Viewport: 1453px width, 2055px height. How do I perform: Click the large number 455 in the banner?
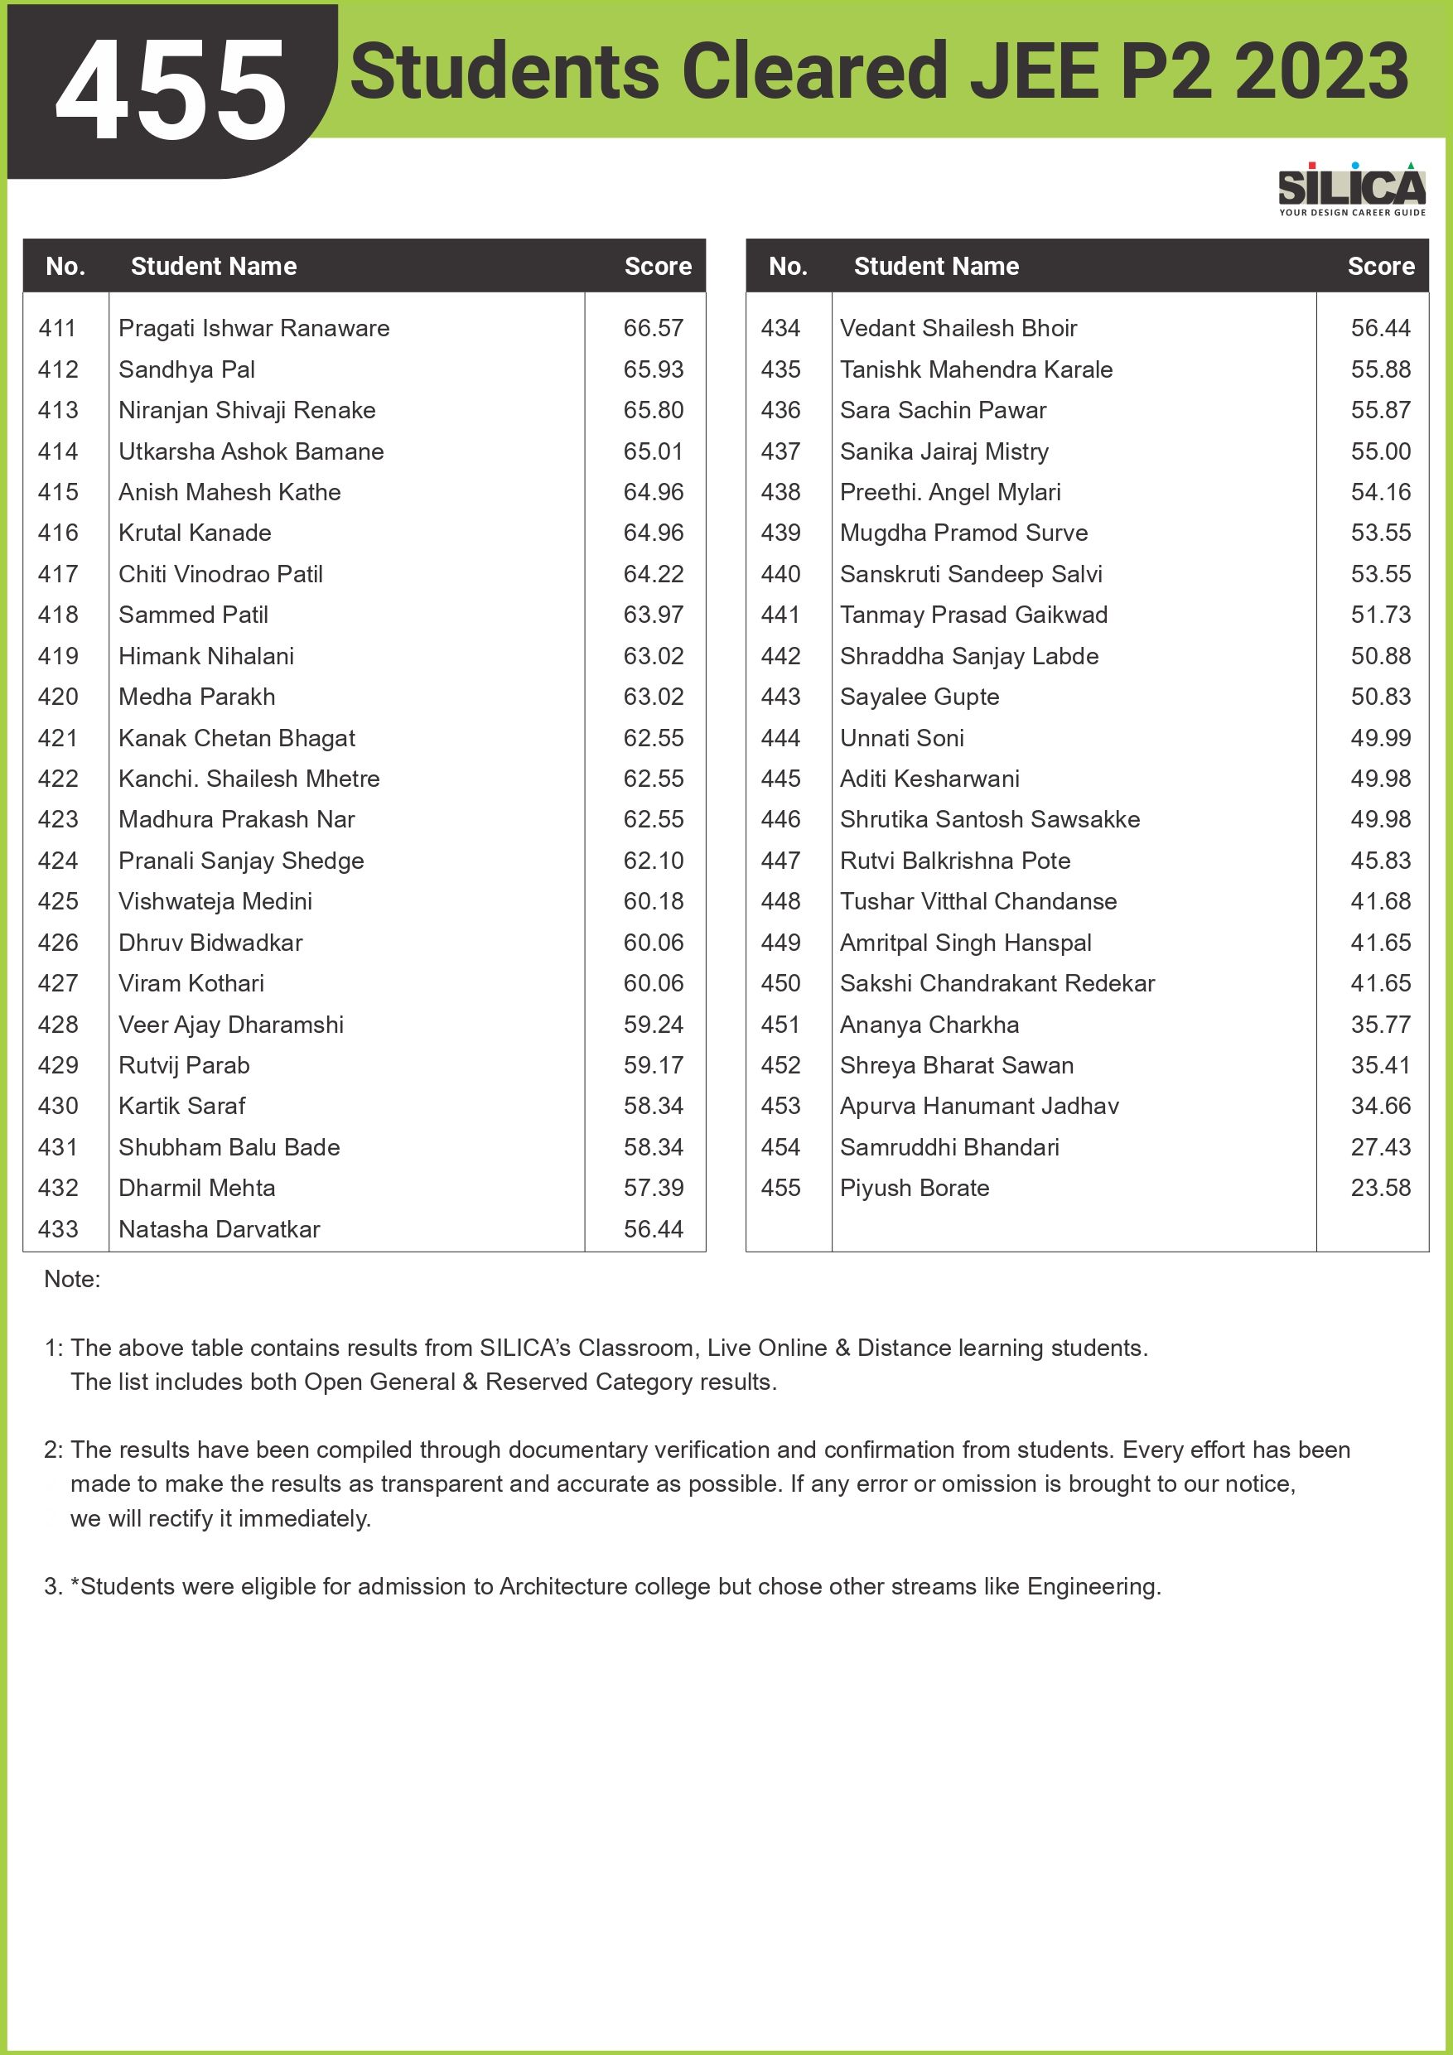[x=171, y=91]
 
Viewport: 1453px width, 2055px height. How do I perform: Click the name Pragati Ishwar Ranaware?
[x=253, y=329]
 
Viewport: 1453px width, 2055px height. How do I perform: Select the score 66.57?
[x=653, y=329]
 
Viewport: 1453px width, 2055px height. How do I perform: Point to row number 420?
[x=58, y=697]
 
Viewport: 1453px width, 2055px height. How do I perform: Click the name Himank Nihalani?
[x=206, y=656]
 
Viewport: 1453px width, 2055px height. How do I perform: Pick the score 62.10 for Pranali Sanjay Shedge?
[x=653, y=861]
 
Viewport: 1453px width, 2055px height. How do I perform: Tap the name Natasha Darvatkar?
[x=219, y=1230]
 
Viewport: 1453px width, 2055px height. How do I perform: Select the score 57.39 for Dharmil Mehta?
[x=653, y=1189]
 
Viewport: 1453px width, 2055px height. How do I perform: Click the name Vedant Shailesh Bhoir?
[x=958, y=329]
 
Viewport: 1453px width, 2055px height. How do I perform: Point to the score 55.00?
[x=1380, y=452]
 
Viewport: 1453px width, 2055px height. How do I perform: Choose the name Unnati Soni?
[x=901, y=738]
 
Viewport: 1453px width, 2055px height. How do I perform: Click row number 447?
[x=780, y=861]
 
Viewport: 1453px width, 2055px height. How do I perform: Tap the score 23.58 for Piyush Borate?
[x=1380, y=1189]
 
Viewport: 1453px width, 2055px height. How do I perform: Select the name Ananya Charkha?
[x=929, y=1025]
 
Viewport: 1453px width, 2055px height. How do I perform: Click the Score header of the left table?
[x=658, y=267]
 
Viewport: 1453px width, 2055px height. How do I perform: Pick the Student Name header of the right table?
[x=936, y=267]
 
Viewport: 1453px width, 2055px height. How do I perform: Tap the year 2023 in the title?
[x=1321, y=71]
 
